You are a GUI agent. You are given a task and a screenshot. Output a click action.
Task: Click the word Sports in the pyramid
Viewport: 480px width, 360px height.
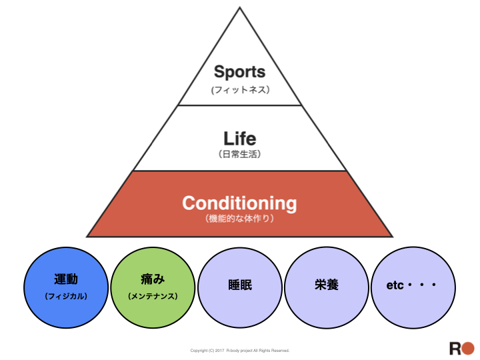[x=240, y=72]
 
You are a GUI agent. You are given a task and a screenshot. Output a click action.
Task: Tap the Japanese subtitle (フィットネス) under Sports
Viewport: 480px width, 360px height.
[x=240, y=90]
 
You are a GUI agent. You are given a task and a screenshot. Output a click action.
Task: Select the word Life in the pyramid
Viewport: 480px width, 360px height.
[x=240, y=139]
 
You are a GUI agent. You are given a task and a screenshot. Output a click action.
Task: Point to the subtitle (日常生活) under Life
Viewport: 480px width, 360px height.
[x=240, y=154]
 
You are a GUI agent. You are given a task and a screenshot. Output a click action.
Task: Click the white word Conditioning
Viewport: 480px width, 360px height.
[x=239, y=203]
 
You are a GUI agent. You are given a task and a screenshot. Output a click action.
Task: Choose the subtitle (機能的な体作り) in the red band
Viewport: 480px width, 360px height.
[x=239, y=219]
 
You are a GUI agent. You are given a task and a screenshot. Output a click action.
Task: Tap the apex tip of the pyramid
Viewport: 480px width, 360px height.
[x=240, y=7]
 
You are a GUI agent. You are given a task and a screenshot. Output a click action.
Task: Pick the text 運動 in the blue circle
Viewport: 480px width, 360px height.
[x=66, y=279]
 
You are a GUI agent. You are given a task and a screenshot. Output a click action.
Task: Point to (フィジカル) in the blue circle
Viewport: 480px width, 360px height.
[x=66, y=296]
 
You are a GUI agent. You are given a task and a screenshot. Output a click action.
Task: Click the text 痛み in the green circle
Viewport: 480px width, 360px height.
[x=153, y=279]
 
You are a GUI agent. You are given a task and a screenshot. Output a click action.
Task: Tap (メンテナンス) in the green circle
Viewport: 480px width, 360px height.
[x=153, y=296]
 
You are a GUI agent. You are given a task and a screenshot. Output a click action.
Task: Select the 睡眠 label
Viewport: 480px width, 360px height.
[x=240, y=285]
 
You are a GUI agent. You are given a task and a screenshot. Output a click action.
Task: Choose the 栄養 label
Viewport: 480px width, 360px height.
[x=327, y=285]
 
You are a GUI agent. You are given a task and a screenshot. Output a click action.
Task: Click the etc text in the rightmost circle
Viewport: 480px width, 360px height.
[x=395, y=285]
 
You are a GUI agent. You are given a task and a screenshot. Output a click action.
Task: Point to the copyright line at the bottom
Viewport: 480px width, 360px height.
[x=240, y=351]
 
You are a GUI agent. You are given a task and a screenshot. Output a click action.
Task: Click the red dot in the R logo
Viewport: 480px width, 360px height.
[x=468, y=349]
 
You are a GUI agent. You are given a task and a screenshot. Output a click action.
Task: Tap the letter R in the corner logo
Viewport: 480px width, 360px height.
[x=455, y=349]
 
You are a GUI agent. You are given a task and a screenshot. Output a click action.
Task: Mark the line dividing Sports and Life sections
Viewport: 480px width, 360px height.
[x=240, y=105]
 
